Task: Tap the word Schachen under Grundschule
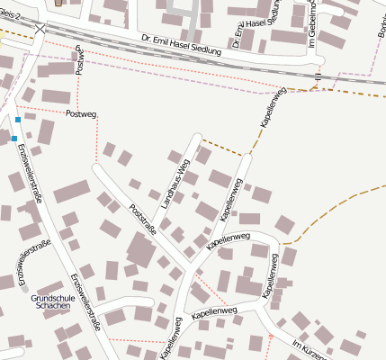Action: click(x=52, y=307)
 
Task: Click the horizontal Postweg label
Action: click(x=81, y=113)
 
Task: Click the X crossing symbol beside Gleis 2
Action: click(x=39, y=29)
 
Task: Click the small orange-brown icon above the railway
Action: click(x=59, y=3)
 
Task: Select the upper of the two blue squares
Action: click(x=18, y=119)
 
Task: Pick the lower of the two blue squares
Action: click(x=14, y=139)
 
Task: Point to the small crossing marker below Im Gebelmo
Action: click(x=319, y=76)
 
